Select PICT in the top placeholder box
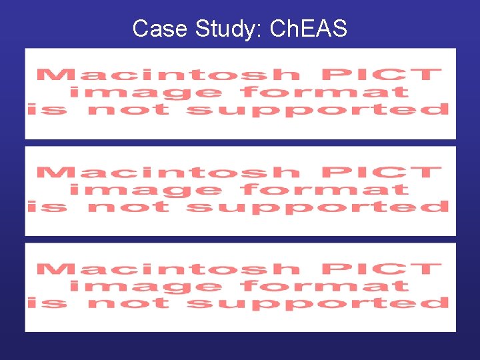click(x=381, y=75)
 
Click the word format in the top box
click(x=325, y=92)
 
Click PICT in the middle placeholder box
click(x=381, y=172)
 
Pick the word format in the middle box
click(x=325, y=189)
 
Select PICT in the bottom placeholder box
click(x=381, y=269)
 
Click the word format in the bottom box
click(x=325, y=287)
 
